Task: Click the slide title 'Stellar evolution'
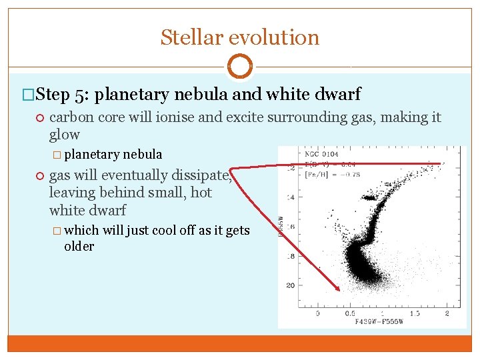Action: (x=239, y=37)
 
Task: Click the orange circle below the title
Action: (x=239, y=67)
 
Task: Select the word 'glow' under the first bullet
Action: (x=65, y=135)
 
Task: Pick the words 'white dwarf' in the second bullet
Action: (x=87, y=210)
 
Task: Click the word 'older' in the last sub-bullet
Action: (x=79, y=246)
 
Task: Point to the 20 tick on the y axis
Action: (x=290, y=285)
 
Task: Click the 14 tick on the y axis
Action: (x=290, y=198)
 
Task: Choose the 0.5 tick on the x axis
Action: (x=349, y=313)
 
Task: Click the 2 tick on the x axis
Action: (x=447, y=313)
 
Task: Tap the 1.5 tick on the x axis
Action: (x=414, y=313)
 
